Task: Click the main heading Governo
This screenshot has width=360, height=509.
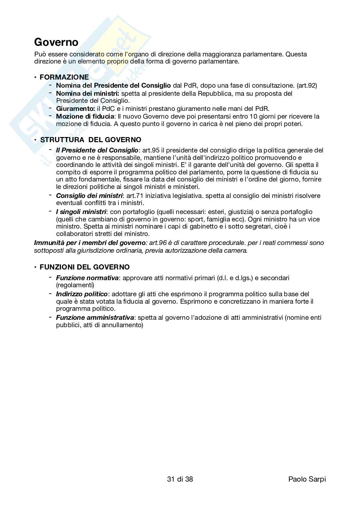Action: coord(56,42)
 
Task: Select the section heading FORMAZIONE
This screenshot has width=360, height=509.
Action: coord(64,77)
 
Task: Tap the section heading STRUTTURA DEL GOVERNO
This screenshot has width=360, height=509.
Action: coord(90,140)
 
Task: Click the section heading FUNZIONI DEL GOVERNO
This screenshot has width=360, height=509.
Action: coord(85,267)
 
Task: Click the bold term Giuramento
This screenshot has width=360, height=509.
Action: coord(75,109)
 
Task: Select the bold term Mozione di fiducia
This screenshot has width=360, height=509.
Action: coord(85,116)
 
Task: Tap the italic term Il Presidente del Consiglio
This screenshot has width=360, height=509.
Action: coord(97,150)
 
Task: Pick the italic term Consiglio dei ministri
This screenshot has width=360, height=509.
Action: coord(89,196)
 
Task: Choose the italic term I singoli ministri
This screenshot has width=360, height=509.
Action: coord(81,212)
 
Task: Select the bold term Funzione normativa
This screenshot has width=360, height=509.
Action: coord(87,278)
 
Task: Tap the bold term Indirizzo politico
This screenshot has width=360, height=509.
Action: coord(82,294)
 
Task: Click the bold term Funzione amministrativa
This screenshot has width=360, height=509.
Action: coord(95,318)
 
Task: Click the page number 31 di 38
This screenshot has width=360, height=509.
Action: coord(180,479)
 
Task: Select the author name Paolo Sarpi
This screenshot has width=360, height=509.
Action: coord(307,479)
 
